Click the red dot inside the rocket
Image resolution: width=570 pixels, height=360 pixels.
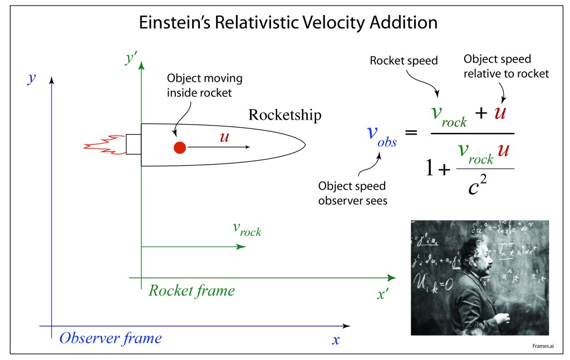179,147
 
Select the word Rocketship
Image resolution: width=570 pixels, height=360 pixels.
284,115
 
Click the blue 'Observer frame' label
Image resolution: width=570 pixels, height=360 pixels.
111,338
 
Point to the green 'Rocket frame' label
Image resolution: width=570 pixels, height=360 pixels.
191,290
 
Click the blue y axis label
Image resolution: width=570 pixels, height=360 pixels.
32,78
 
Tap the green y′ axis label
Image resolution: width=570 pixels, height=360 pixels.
132,58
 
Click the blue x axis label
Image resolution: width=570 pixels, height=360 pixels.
336,339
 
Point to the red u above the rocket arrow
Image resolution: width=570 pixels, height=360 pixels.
224,137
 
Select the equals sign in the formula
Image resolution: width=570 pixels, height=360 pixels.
411,133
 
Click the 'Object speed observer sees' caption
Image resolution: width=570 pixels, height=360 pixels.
352,193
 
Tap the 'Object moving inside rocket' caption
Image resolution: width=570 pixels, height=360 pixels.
204,86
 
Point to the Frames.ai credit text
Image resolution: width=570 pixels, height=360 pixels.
543,345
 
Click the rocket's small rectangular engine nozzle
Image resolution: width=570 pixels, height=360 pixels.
133,144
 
